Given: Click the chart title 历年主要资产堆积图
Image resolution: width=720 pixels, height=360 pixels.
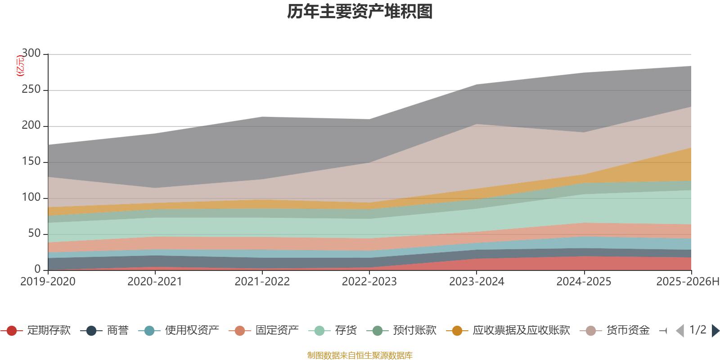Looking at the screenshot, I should pos(360,12).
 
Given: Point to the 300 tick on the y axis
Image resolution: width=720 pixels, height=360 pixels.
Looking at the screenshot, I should pos(31,54).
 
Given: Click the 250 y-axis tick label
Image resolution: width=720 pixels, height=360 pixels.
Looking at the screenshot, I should pos(31,90).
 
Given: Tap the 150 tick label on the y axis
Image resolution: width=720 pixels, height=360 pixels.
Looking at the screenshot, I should pos(31,162).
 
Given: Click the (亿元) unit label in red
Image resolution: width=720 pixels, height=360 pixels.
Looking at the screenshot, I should pos(20,66).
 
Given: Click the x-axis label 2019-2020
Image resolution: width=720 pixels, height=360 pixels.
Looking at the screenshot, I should pos(48,282).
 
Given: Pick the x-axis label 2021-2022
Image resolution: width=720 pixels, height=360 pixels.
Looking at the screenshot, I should pos(262,282).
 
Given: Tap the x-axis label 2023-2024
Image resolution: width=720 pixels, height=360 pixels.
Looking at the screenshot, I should pos(477,282).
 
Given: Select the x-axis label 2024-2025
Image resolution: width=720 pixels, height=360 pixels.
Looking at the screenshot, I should pos(584,282).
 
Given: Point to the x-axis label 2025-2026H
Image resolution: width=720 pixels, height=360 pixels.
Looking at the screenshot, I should pos(688,282).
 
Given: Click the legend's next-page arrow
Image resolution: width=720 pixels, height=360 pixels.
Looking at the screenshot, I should pos(715,331).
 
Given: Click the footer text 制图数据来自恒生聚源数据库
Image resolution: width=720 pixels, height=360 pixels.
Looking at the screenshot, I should pos(360,355).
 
